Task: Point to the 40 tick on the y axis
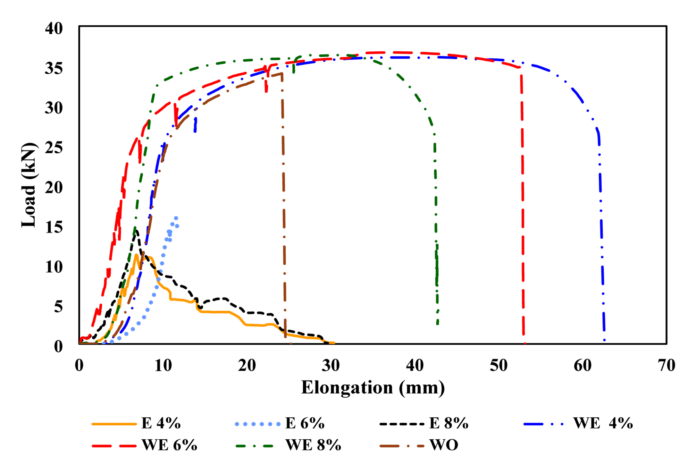click(x=54, y=28)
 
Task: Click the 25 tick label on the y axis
click(x=54, y=148)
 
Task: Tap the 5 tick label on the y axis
click(x=58, y=307)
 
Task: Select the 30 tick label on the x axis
click(x=331, y=365)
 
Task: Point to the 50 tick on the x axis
click(x=498, y=365)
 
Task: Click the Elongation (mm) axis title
click(x=373, y=387)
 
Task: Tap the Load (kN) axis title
click(x=28, y=185)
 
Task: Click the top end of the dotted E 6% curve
click(x=176, y=218)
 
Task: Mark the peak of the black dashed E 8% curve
click(x=136, y=231)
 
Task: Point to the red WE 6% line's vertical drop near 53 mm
click(x=523, y=208)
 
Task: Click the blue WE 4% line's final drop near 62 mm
click(x=601, y=226)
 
